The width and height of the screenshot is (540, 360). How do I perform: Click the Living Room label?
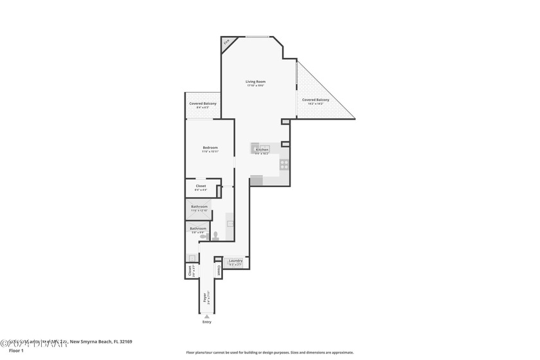(255, 82)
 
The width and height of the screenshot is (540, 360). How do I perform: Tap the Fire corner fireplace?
(227, 43)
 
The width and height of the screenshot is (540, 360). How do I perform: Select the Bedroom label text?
(210, 147)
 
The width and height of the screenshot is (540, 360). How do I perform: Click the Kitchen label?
(262, 149)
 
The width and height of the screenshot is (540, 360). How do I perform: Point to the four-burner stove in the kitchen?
(283, 163)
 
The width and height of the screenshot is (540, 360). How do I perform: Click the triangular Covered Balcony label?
(316, 100)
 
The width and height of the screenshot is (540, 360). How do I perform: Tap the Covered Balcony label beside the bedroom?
(203, 104)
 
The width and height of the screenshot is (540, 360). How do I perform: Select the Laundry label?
(235, 260)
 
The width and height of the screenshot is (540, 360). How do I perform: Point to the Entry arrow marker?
(206, 316)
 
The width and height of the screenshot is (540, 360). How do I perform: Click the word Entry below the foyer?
(206, 322)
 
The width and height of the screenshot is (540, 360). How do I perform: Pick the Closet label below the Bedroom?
(201, 186)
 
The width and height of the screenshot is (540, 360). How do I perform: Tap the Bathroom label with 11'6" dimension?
(199, 206)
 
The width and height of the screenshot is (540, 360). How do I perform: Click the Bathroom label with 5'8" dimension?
(197, 228)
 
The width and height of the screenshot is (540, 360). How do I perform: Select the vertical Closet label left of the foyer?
(190, 271)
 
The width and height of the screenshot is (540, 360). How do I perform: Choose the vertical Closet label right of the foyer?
(219, 269)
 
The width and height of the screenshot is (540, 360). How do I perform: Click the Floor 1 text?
(16, 350)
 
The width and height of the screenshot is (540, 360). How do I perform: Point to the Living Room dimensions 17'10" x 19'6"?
(255, 86)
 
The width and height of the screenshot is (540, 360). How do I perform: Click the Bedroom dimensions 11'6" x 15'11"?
(210, 152)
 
